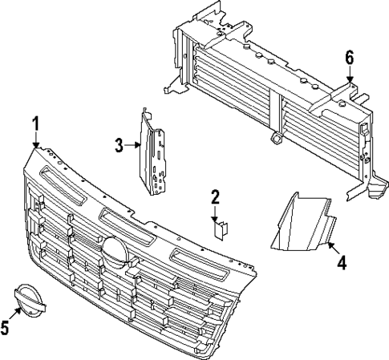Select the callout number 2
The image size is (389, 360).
(215, 197)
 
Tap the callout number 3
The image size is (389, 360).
(119, 145)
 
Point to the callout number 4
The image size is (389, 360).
(341, 262)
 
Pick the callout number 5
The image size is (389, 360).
(6, 326)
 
